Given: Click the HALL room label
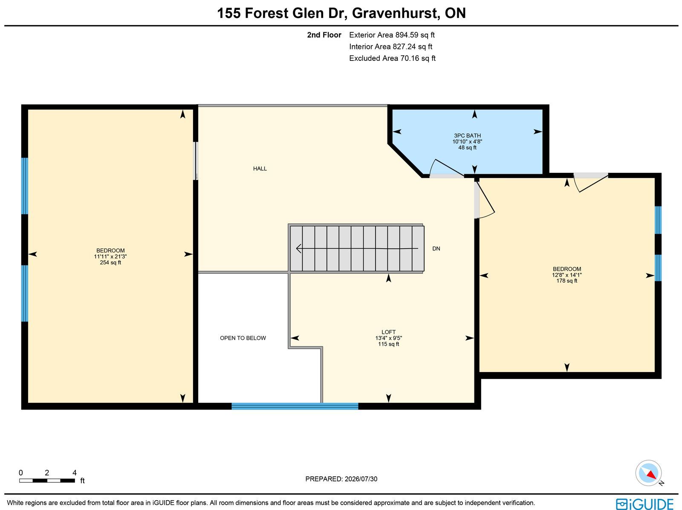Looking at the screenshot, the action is point(260,169).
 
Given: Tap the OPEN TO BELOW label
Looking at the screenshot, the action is point(243,338).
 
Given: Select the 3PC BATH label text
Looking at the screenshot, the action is point(467,135).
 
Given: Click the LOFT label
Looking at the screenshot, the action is point(388,332).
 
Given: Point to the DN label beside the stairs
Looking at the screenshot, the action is point(436,249).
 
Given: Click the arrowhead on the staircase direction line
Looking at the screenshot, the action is point(299,249).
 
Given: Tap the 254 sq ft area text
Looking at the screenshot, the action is point(110,262).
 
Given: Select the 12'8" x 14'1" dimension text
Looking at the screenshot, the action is point(566,275).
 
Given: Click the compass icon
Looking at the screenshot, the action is point(648,473).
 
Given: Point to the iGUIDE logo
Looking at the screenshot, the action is point(645,504).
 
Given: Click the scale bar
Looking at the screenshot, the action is point(47,481).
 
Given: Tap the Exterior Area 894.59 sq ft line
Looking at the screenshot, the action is point(391,35).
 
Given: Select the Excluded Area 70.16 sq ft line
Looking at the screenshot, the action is point(392,58).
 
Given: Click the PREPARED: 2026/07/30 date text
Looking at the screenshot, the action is point(341,478).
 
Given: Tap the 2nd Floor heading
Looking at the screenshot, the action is point(324,35).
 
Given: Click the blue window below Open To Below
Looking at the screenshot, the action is point(295,406).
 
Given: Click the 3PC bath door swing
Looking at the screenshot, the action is point(446,168).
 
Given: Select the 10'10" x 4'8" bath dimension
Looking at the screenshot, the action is point(467,141).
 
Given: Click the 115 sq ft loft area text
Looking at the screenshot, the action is point(388,344).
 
